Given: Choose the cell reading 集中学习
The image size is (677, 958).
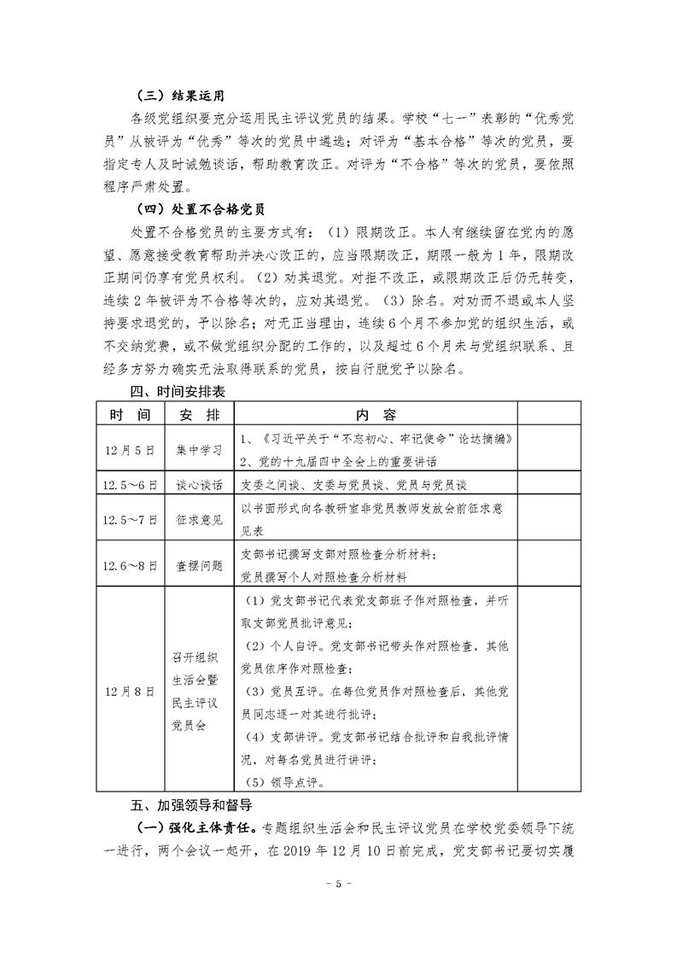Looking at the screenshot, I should [x=200, y=449].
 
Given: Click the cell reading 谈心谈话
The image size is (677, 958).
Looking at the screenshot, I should [x=200, y=483].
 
